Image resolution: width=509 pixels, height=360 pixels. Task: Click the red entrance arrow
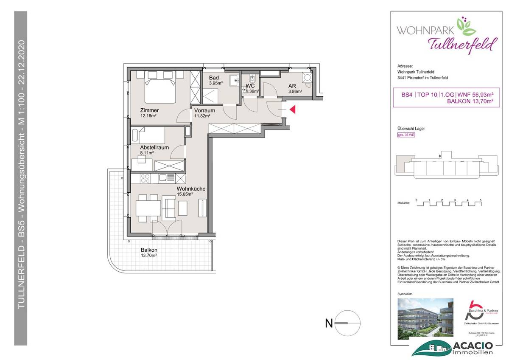(293, 110)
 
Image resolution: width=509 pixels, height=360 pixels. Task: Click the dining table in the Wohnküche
(148, 208)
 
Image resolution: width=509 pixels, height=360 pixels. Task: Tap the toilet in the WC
(252, 79)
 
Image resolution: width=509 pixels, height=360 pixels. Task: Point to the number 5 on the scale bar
(481, 200)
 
